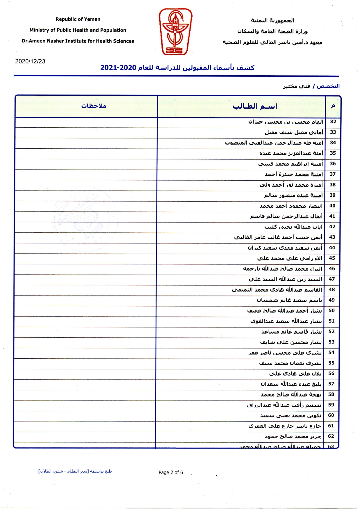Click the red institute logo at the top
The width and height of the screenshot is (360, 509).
click(175, 31)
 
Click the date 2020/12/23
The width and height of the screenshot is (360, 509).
click(30, 61)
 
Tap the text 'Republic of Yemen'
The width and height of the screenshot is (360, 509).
click(78, 19)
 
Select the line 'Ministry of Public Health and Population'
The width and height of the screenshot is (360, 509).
click(78, 30)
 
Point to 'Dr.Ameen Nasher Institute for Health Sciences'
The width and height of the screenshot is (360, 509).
click(78, 41)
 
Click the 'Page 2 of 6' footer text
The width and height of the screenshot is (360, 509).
click(171, 472)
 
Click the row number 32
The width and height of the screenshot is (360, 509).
click(333, 122)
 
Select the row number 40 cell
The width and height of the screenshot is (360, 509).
click(332, 206)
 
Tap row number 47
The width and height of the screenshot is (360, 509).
click(332, 279)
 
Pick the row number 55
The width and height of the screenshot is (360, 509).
click(332, 363)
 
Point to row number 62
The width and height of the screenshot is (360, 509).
click(331, 436)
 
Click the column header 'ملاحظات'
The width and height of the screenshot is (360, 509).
click(94, 106)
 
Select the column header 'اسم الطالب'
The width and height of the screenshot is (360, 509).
click(255, 106)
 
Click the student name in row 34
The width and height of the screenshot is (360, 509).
click(274, 143)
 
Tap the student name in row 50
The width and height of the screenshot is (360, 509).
click(284, 311)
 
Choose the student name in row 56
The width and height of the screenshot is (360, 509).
click(295, 373)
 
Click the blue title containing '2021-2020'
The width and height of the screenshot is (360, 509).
click(177, 68)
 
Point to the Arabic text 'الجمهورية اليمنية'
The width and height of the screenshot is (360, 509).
click(272, 21)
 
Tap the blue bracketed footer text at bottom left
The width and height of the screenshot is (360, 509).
click(75, 471)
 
